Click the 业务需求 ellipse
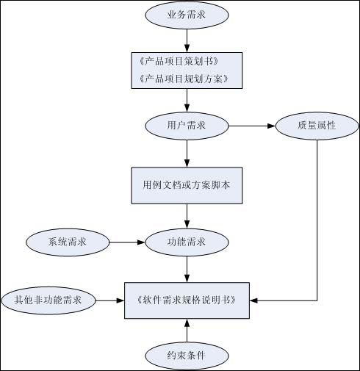click(x=187, y=15)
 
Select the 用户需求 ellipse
click(x=187, y=126)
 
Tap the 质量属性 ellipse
click(x=317, y=126)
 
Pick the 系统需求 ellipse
click(x=68, y=242)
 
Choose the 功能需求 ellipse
click(x=187, y=242)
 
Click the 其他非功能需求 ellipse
click(x=48, y=300)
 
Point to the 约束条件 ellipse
click(x=187, y=356)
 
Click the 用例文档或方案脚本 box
click(x=187, y=186)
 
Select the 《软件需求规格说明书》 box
click(x=187, y=300)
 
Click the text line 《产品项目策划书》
click(x=179, y=61)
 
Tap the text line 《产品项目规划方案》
click(x=184, y=79)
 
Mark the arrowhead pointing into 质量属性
click(x=272, y=126)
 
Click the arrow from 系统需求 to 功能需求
click(x=127, y=242)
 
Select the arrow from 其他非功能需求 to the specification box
click(x=110, y=300)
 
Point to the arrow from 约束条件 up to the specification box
click(x=187, y=331)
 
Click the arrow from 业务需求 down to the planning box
click(x=187, y=40)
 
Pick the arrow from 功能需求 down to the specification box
click(x=187, y=269)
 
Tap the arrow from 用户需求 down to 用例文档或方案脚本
click(x=187, y=154)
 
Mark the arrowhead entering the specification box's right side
click(x=253, y=300)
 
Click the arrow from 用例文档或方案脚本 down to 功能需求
click(x=187, y=216)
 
